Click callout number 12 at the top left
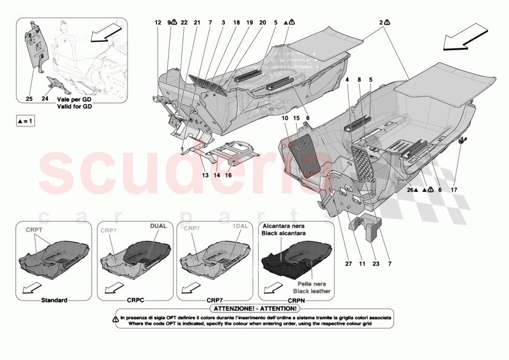click(158, 22)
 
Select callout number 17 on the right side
click(455, 189)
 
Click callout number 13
click(205, 175)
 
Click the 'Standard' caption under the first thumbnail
click(54, 300)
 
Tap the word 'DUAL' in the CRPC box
click(158, 226)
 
